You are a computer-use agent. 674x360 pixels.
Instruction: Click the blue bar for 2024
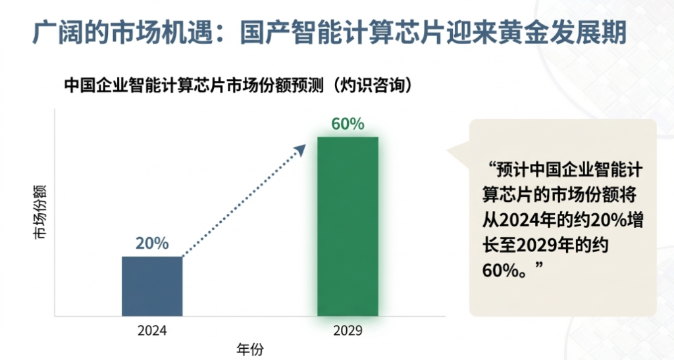pos(152,286)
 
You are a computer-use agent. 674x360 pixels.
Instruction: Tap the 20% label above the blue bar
pos(152,243)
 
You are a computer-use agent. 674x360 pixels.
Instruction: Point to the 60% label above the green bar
pos(348,124)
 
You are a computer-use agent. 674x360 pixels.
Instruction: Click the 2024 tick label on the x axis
pos(152,331)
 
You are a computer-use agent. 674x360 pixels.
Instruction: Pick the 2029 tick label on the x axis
pos(348,331)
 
